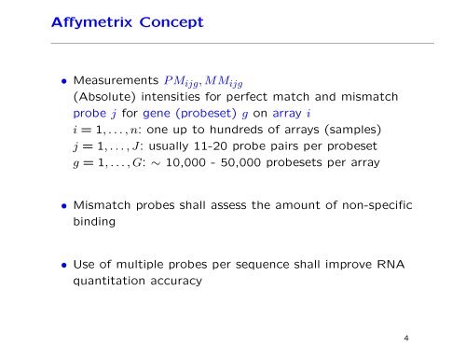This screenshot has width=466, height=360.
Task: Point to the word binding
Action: pos(87,224)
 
